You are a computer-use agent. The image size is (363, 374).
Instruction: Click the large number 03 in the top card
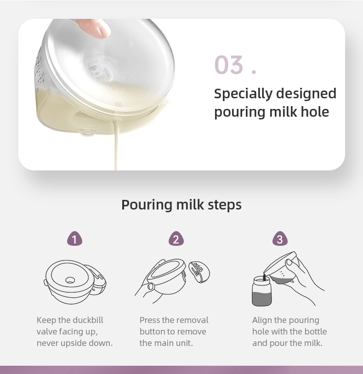[x=229, y=65]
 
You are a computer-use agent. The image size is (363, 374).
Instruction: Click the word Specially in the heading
[x=243, y=94]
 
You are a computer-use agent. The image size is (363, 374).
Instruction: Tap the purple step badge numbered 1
[x=74, y=239]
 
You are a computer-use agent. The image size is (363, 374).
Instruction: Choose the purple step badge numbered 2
[x=176, y=239]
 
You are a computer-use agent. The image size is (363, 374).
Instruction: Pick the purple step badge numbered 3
[x=280, y=239]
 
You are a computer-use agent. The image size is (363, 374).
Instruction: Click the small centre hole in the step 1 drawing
[x=70, y=280]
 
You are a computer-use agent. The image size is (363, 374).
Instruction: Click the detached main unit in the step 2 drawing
[x=199, y=272]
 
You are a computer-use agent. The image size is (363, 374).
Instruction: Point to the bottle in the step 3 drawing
[x=262, y=291]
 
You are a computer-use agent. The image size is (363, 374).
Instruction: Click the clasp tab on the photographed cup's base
[x=86, y=132]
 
